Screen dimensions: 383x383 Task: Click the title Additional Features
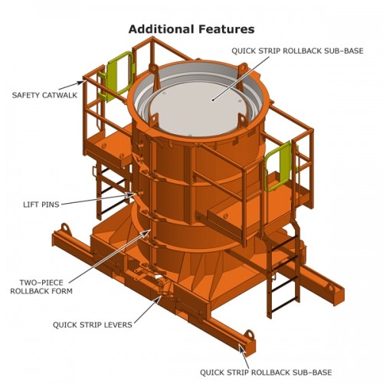[x=191, y=29]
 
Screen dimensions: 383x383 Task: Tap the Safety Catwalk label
[x=44, y=96]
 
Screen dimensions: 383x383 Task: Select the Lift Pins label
[x=40, y=205]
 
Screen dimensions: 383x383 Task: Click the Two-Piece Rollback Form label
[x=38, y=286]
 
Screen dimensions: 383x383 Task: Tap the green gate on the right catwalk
[x=276, y=165]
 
